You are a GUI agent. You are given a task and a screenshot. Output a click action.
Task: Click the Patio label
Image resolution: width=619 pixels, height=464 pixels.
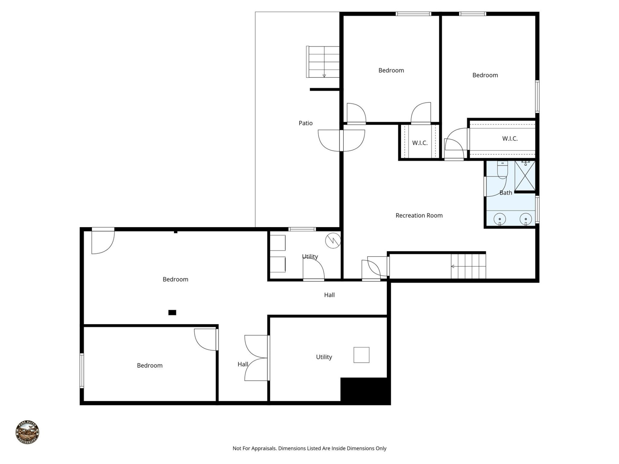pos(305,123)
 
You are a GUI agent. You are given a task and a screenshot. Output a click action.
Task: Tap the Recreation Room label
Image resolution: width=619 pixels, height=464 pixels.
pos(419,216)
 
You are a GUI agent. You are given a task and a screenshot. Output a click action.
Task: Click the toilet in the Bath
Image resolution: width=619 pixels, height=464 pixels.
pos(502,170)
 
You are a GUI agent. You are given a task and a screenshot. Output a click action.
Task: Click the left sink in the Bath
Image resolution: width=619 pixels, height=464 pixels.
pos(499,219)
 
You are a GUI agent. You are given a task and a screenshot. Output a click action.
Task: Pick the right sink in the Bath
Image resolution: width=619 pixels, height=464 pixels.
pos(526,219)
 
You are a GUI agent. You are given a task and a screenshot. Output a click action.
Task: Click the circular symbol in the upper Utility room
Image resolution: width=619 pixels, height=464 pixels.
pos(333,240)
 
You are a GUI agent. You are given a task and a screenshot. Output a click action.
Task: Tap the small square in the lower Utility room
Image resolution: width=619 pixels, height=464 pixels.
pos(361,355)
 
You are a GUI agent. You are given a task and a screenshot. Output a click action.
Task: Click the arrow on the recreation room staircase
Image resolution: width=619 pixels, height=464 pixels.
pos(453,266)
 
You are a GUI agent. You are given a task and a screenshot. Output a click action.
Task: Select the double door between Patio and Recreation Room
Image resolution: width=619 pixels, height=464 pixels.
pos(341,140)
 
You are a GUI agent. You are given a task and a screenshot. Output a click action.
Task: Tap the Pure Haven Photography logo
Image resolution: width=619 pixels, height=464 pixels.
pos(27,432)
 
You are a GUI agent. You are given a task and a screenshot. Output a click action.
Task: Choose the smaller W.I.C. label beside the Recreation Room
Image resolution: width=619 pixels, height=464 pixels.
pos(419,143)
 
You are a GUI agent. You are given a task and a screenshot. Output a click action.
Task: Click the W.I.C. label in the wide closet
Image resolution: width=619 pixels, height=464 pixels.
pos(510,139)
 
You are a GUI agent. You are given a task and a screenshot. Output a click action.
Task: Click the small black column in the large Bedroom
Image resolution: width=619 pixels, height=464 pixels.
pos(172,312)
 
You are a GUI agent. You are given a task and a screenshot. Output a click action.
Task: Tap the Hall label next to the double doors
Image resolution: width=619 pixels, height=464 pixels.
pos(242,364)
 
